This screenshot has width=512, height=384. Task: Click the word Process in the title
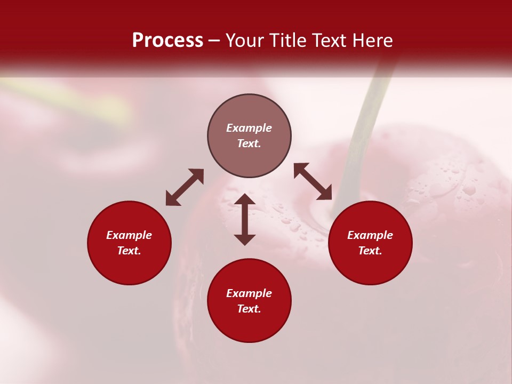point(167,41)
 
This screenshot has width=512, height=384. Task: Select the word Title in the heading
point(289,41)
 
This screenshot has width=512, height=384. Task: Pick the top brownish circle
point(249,112)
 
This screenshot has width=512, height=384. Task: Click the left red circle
point(129,267)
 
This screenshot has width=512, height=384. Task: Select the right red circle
point(370,267)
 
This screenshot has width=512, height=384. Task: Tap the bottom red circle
point(249,325)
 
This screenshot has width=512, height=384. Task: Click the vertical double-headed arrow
point(245,219)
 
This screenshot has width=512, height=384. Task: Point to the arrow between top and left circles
point(185,187)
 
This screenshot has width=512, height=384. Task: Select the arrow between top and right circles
point(313,181)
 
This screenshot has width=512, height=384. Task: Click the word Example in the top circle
point(249,128)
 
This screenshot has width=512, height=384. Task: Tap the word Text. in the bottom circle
point(249,309)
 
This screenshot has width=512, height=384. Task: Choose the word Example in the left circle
point(129,235)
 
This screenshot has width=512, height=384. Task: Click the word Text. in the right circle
point(370,251)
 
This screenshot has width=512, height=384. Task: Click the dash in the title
point(214,41)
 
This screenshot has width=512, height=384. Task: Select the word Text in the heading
point(331,41)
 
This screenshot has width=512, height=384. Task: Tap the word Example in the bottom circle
point(249,293)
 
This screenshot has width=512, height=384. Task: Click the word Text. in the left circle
point(129,251)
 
